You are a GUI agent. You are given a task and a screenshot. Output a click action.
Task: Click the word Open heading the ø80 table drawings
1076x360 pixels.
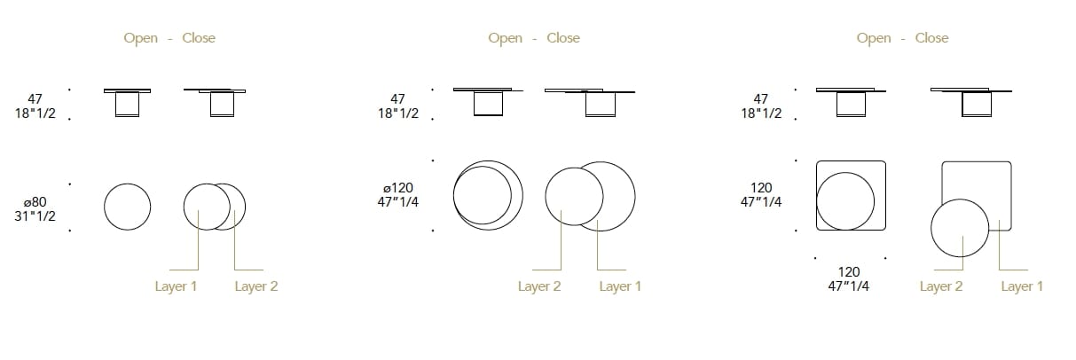(x=141, y=38)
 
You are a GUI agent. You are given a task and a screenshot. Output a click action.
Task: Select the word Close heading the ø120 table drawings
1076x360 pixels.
(x=563, y=38)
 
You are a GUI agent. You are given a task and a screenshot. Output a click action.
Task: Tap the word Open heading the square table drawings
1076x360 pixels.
(x=874, y=38)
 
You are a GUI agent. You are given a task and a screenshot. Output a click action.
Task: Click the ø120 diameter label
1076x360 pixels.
(x=399, y=188)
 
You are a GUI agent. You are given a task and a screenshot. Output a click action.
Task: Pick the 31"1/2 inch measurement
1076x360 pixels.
(x=35, y=216)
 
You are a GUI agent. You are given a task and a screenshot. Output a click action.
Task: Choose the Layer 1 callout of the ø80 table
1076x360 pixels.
(x=176, y=286)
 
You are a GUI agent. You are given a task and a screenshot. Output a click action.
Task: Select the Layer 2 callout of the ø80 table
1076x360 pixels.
(x=255, y=286)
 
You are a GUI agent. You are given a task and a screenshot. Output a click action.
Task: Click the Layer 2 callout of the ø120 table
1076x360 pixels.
(x=539, y=286)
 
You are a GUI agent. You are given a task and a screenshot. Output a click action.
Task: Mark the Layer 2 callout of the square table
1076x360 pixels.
(x=941, y=286)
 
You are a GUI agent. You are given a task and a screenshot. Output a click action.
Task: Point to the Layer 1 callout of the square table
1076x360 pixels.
(x=1022, y=286)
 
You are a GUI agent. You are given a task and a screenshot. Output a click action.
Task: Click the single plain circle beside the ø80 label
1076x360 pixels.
(x=128, y=207)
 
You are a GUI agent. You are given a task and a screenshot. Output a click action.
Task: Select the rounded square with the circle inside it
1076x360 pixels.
(x=851, y=196)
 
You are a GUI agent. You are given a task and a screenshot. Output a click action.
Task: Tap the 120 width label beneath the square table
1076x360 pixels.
(x=849, y=272)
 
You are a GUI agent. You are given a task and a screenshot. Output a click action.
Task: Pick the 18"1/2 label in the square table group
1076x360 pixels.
(x=760, y=114)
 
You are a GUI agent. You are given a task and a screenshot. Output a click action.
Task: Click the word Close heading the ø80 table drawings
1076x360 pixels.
(x=199, y=38)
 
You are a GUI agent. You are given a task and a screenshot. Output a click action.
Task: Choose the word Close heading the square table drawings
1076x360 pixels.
(x=931, y=38)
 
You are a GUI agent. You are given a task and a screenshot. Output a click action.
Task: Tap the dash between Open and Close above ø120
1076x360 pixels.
(x=535, y=38)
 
